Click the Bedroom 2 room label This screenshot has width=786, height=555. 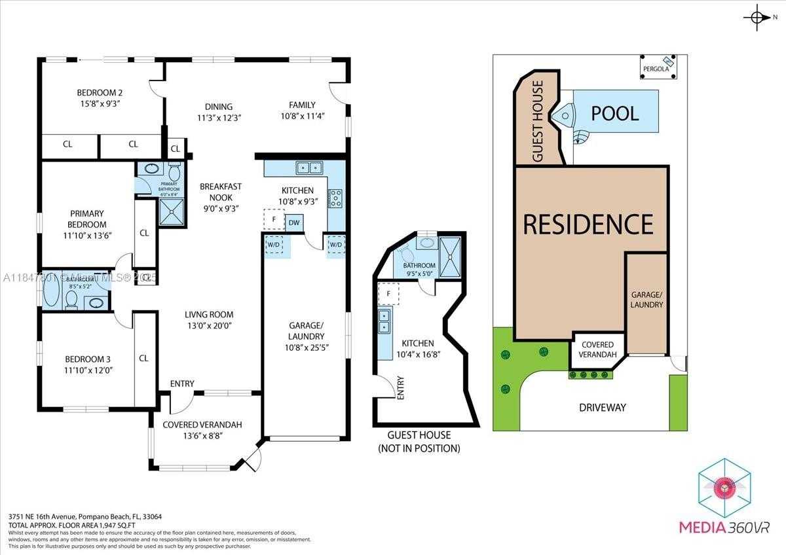[100, 92]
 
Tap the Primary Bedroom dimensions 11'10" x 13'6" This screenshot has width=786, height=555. [86, 235]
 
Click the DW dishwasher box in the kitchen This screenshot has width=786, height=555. [294, 223]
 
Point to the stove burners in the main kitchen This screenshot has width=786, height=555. [335, 198]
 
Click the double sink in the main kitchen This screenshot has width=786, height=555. [309, 168]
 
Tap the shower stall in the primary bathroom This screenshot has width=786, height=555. [172, 212]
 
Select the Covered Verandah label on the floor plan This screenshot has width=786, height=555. [202, 425]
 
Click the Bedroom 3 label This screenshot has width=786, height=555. [87, 359]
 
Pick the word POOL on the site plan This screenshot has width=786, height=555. [614, 113]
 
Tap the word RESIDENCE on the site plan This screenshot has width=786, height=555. [588, 224]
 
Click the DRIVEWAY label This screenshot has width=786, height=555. [602, 408]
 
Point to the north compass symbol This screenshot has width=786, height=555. [758, 18]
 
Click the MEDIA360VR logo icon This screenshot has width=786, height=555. [724, 488]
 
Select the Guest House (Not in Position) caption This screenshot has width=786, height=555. [419, 442]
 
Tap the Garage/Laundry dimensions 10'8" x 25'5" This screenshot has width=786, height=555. [306, 348]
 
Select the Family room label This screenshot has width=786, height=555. [302, 105]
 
